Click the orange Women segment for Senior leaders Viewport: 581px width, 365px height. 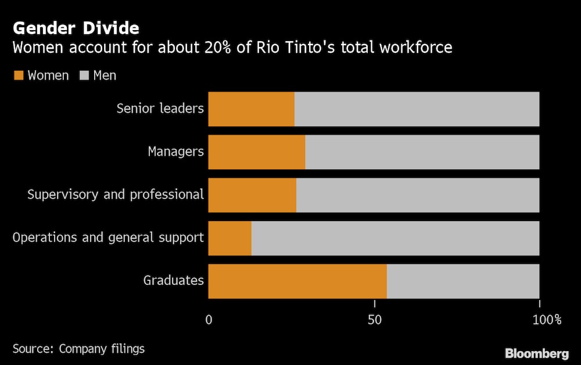pos(251,109)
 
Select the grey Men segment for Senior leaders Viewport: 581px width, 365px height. pos(417,109)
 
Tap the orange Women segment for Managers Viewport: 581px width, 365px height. pos(256,152)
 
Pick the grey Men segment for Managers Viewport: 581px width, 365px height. pos(422,152)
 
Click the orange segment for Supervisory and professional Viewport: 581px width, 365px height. pos(252,195)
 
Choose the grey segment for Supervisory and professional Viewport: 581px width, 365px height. pos(418,195)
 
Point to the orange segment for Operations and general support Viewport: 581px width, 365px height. pos(229,238)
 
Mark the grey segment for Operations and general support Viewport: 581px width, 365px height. pos(395,238)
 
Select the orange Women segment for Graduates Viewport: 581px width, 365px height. pos(297,281)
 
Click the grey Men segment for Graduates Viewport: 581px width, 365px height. pos(463,281)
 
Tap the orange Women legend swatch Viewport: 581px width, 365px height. pos(19,75)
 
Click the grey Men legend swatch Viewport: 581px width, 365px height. pos(84,75)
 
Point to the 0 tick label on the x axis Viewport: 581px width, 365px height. pos(209,319)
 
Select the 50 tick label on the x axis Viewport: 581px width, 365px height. pos(375,319)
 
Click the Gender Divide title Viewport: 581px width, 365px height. pos(76,28)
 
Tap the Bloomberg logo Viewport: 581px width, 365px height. pos(536,353)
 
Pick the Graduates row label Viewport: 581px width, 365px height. pos(174,281)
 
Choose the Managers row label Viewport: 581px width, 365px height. pos(176,152)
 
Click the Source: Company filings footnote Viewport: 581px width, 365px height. pos(78,349)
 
